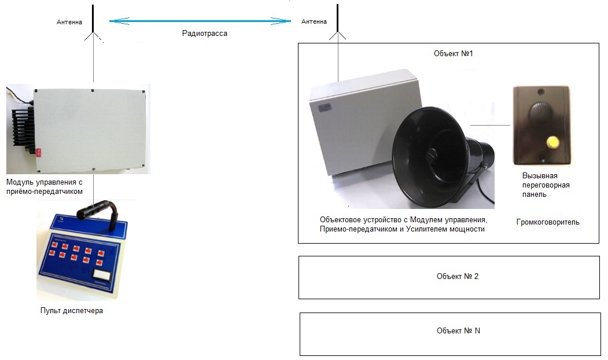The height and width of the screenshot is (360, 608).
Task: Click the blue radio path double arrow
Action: tap(200, 21)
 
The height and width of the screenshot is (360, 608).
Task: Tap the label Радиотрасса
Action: tap(205, 34)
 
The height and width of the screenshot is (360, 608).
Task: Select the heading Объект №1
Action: tap(454, 53)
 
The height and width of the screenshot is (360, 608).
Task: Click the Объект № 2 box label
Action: tap(457, 276)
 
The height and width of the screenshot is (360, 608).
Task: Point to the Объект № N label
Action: tap(458, 330)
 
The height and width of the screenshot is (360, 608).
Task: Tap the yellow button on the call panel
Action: tap(553, 141)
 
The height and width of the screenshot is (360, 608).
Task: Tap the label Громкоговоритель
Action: tap(547, 222)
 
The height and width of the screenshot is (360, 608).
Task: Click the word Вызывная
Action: tap(539, 175)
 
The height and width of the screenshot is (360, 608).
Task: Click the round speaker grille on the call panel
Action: tap(540, 109)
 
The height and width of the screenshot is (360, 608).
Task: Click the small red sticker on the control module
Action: tap(39, 152)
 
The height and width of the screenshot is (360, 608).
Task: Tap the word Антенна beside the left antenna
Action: tap(69, 22)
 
